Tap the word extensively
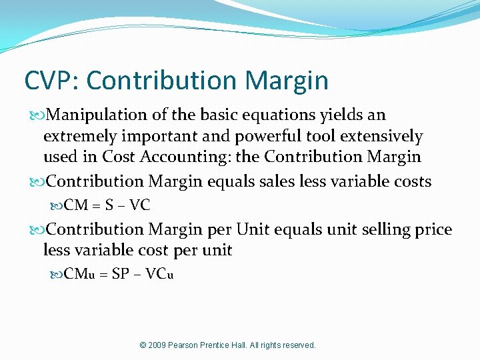pos(381,137)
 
